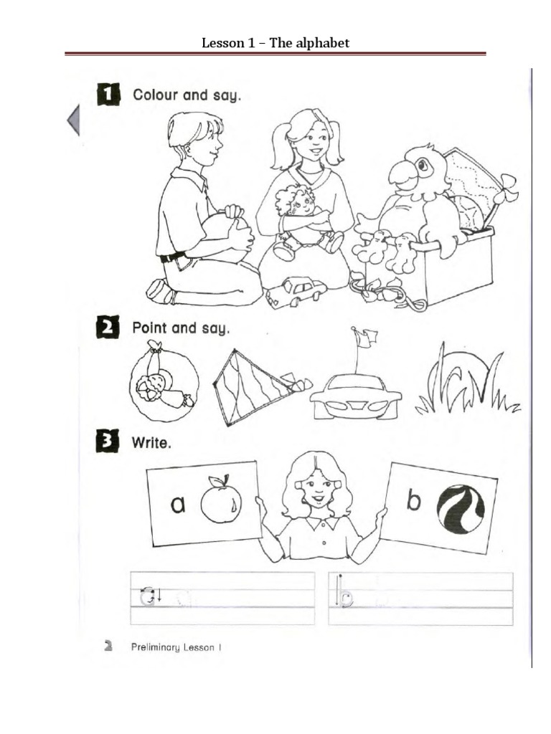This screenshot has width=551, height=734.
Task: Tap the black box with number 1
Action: point(108,95)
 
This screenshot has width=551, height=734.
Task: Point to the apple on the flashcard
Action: point(220,502)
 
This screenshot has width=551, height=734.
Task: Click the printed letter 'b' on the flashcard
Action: point(413,502)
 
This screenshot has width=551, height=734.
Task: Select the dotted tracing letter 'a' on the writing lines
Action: point(147,596)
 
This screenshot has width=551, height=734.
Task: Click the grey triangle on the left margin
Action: point(72,120)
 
